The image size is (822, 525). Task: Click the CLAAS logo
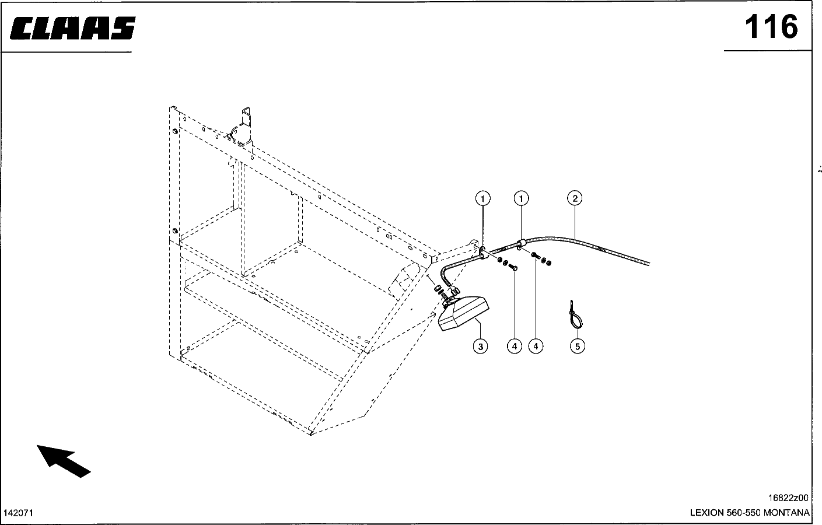click(73, 28)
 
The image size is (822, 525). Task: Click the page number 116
click(770, 27)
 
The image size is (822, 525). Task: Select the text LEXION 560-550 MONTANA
click(750, 513)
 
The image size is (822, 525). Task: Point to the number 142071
click(19, 513)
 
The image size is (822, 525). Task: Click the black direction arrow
click(63, 460)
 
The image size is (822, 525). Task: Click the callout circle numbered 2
click(575, 198)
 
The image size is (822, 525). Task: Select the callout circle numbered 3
click(480, 346)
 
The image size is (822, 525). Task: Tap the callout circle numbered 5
click(577, 346)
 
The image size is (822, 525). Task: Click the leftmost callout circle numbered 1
click(482, 198)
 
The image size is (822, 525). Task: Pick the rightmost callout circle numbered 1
click(521, 198)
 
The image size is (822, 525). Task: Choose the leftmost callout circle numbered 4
click(514, 346)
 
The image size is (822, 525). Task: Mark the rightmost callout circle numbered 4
click(536, 346)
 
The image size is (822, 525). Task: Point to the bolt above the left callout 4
click(513, 267)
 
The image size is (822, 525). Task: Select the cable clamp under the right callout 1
click(522, 243)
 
